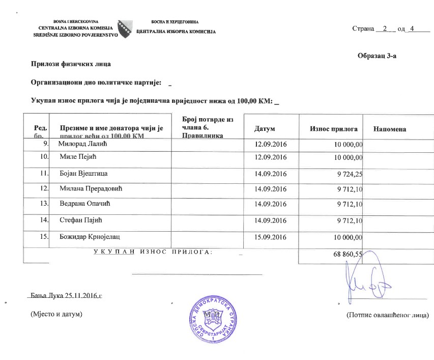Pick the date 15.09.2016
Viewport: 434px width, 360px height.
[x=270, y=237]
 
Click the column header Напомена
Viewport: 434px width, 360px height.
[x=389, y=129]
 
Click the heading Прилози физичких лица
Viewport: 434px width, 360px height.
[x=71, y=64]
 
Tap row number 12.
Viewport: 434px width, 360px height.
[x=44, y=189]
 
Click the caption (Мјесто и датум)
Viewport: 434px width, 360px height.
[x=56, y=315]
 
